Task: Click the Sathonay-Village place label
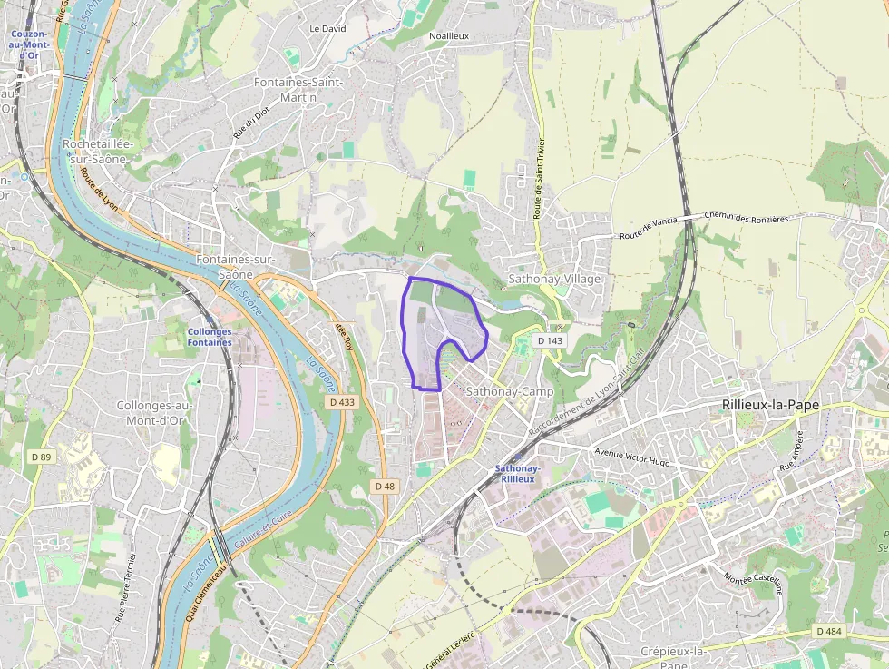pos(554,279)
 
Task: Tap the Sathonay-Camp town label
pos(509,391)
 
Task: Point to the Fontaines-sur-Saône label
pos(236,267)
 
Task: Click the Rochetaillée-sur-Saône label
pos(98,152)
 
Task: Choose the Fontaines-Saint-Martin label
pos(298,90)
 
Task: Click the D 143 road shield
pos(550,340)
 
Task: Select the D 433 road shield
pos(342,400)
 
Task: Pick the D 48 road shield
pos(385,487)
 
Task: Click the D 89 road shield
pos(40,456)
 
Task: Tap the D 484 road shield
pos(829,631)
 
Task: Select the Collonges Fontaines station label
pos(210,337)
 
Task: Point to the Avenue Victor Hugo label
pos(632,457)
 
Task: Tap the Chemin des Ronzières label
pos(747,218)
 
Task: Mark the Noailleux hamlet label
pos(448,35)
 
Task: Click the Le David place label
pos(327,28)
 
